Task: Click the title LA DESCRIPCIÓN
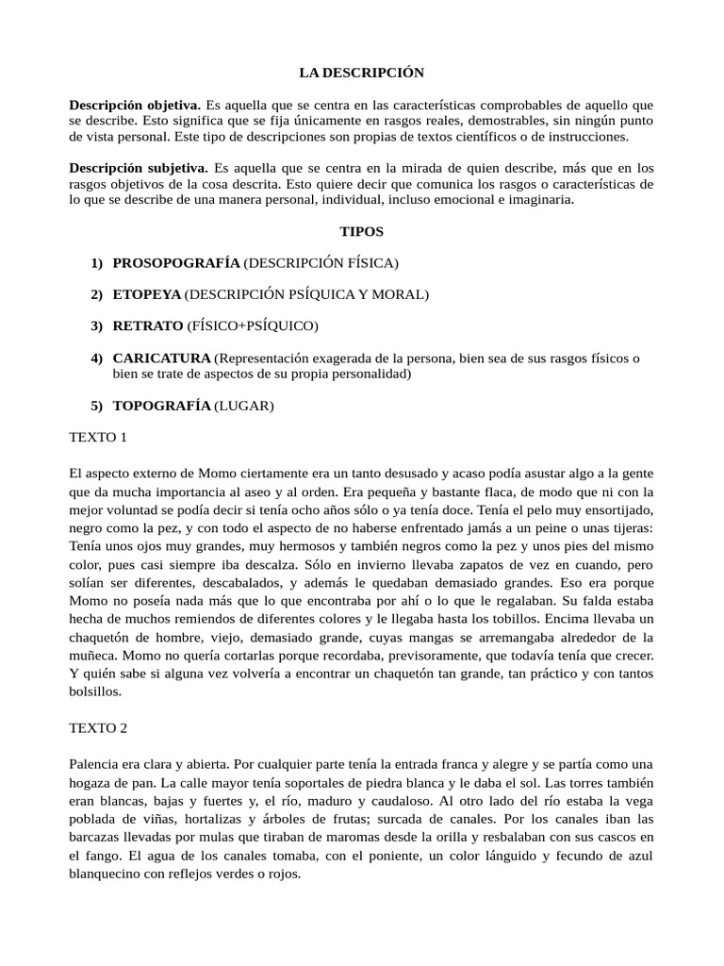coord(362,73)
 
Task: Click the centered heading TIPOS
coord(361,231)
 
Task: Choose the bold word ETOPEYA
coord(146,294)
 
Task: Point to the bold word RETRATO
coord(148,325)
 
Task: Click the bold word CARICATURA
coord(161,358)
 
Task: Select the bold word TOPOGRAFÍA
coord(161,406)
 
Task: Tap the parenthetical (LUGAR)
coord(244,406)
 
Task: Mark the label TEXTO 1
coord(98,438)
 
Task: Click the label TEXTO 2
coord(98,728)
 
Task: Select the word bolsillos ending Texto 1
coord(96,691)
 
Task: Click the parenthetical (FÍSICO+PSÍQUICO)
coord(254,325)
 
